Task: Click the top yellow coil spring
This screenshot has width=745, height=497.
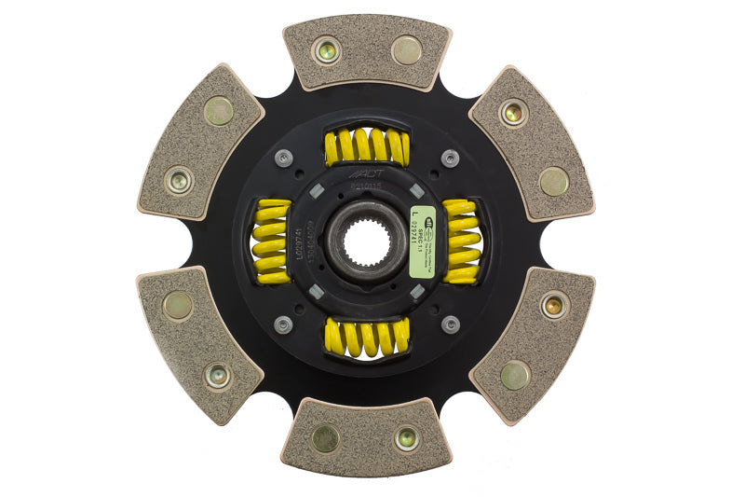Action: point(367,147)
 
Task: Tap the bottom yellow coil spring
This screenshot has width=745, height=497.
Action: point(367,337)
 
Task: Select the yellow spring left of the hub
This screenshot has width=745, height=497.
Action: point(272,242)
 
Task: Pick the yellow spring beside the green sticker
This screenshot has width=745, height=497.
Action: point(462,241)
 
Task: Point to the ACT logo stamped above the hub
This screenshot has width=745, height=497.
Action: point(365,173)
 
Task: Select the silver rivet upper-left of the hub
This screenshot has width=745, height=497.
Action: point(284,159)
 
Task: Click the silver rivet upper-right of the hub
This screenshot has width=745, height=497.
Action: point(450,159)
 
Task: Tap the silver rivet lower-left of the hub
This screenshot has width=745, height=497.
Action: point(284,324)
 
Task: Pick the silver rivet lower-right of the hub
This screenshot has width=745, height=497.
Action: point(450,324)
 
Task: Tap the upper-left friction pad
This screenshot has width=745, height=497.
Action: point(199,143)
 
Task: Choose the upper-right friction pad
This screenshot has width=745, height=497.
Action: point(533,143)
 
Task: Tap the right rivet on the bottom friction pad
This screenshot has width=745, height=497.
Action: point(407,439)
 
